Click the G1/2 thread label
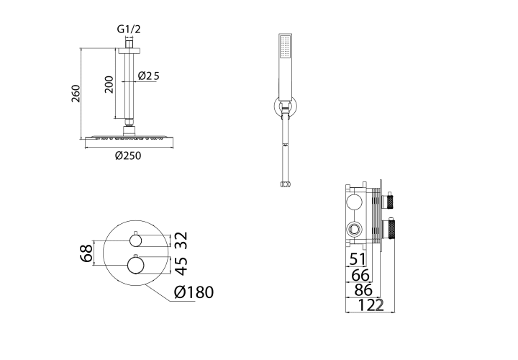coord(129,30)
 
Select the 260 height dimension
coord(76,94)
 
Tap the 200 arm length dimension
coord(109,84)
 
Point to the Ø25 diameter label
coord(149,76)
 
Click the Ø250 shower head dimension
coord(128,156)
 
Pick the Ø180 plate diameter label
coord(194,292)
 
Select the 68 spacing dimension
coord(86,253)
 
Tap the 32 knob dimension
coord(181,240)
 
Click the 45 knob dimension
coord(181,266)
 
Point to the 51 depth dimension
coord(358,259)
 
